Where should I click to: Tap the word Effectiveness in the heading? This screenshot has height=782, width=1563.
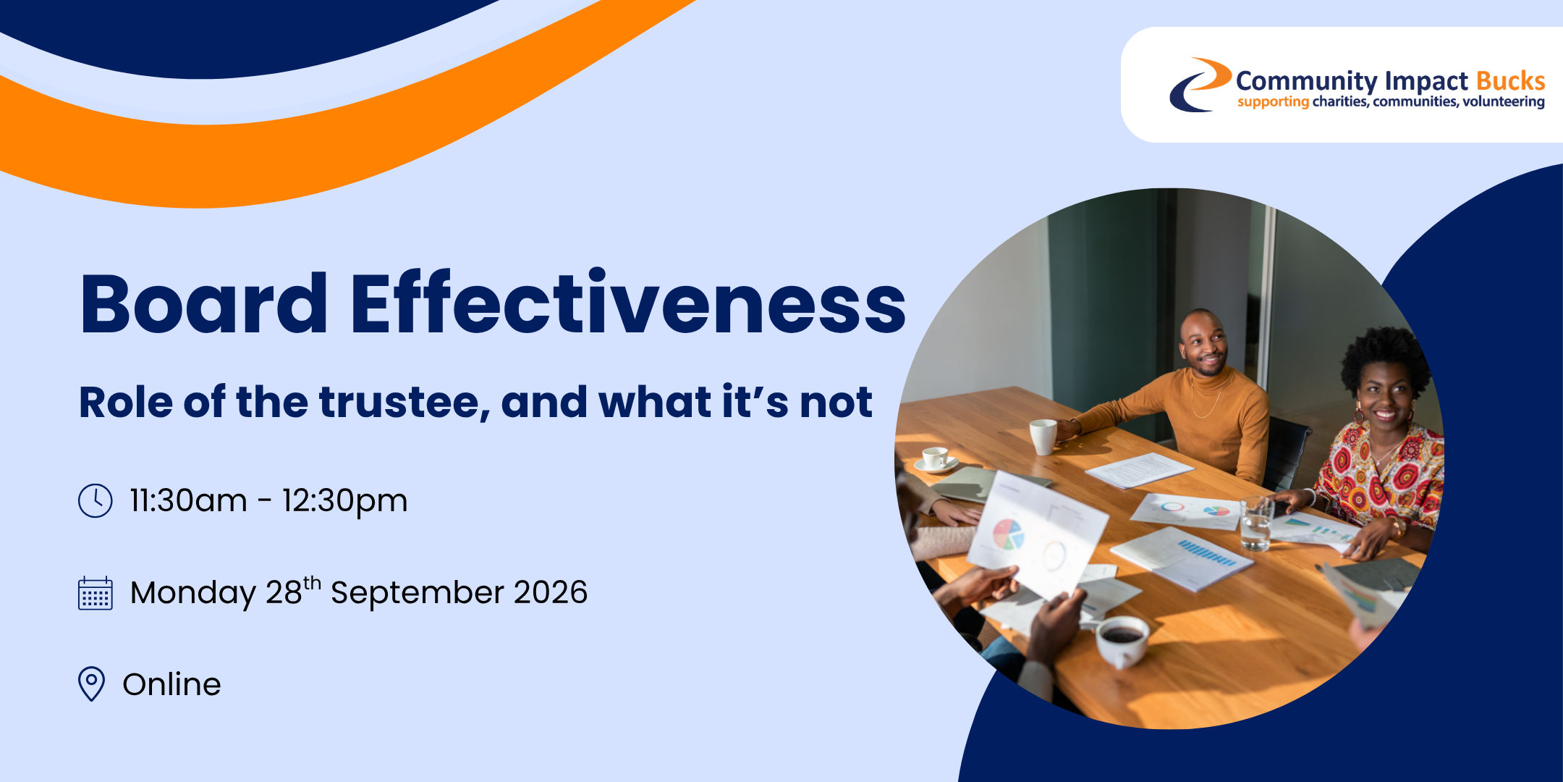tap(628, 302)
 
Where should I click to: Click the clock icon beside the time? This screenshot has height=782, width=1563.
tap(95, 500)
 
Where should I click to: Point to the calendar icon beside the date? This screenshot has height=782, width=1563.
tap(95, 593)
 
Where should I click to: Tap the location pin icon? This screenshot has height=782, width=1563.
tap(91, 684)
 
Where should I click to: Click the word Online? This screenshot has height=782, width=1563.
tap(171, 684)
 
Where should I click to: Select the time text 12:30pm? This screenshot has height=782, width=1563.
tap(344, 501)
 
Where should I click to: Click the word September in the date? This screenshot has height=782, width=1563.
tap(417, 593)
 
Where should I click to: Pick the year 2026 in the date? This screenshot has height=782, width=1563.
tap(551, 592)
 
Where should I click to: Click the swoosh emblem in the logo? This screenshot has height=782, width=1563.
tap(1200, 85)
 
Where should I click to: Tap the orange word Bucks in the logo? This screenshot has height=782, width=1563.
tap(1510, 80)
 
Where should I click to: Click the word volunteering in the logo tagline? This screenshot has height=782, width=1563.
tap(1504, 102)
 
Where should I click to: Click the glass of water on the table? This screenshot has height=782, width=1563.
tap(1257, 524)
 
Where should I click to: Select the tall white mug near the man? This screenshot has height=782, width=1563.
tap(1043, 437)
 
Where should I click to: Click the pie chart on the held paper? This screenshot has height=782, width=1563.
tap(1008, 535)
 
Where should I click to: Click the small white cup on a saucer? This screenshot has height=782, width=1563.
tap(936, 460)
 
